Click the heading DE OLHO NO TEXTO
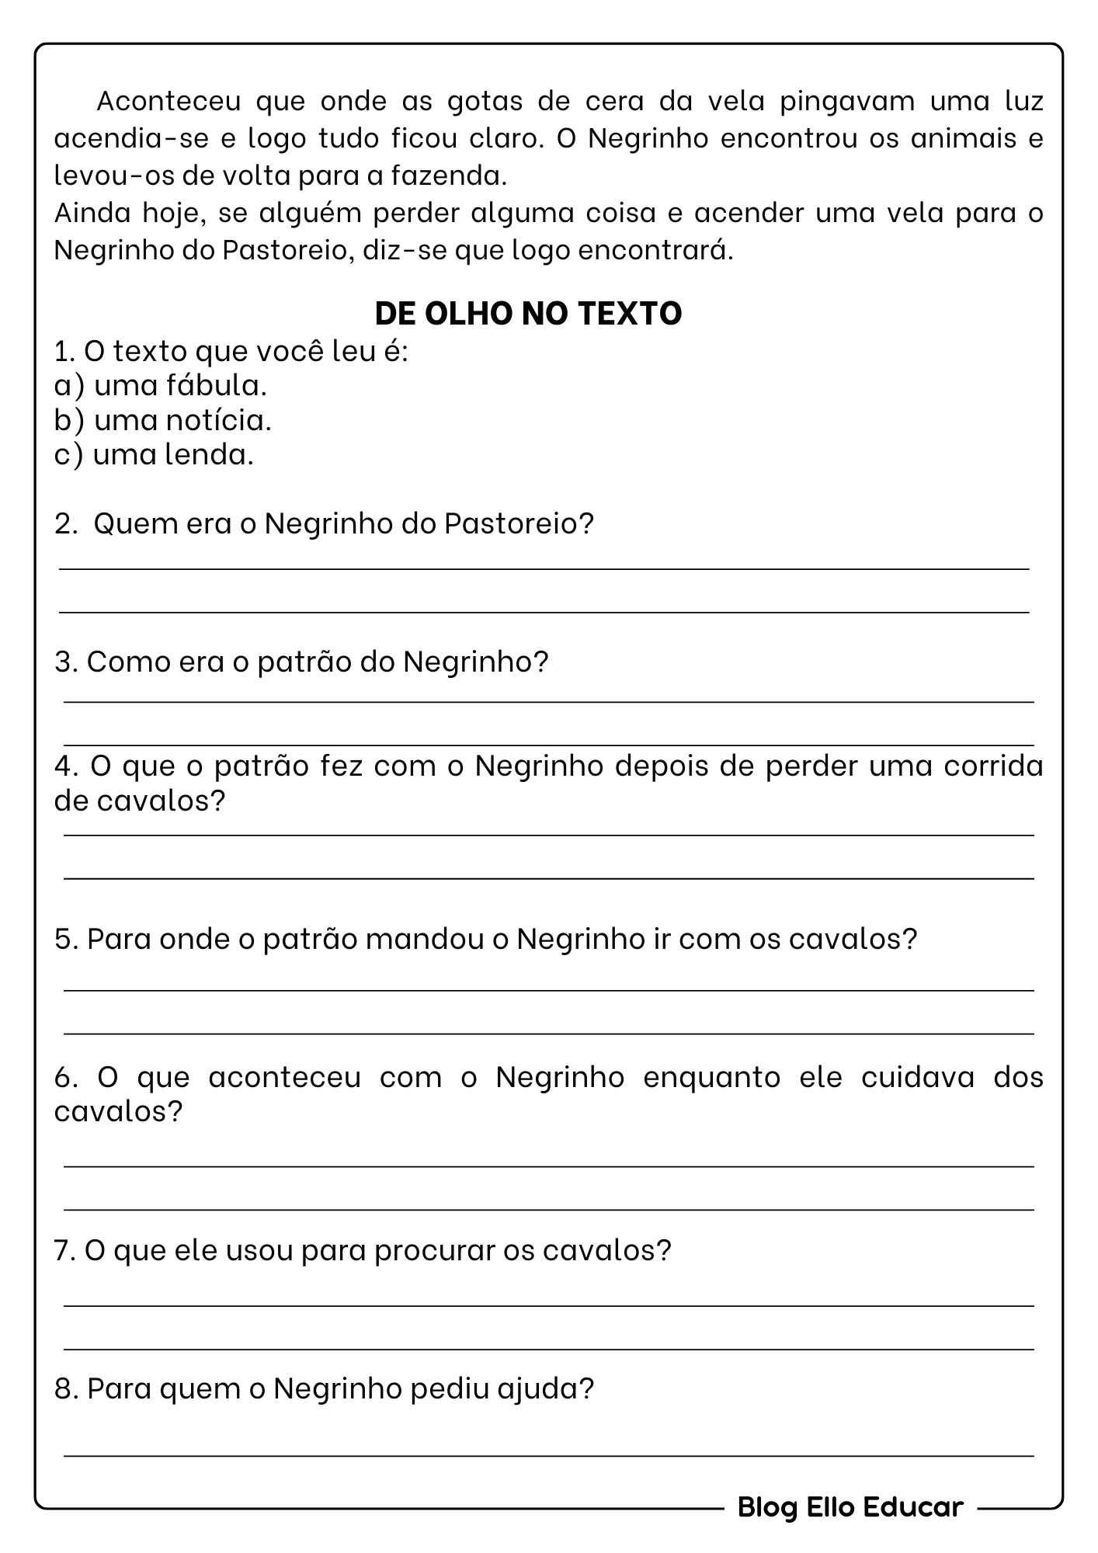pos(528,313)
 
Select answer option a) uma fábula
pos(161,384)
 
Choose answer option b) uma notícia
pos(163,420)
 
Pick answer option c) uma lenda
pos(154,454)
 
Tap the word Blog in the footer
pos(767,1507)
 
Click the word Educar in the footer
pos(912,1507)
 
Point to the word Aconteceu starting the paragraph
pos(169,101)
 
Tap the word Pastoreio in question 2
pos(518,523)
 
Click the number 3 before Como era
pos(63,662)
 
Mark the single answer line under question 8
pos(548,1455)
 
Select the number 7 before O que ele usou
pos(62,1251)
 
